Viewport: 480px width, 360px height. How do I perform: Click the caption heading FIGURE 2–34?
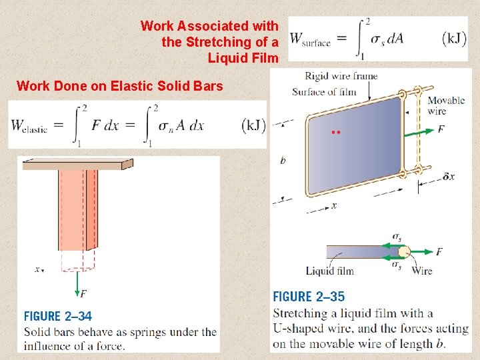click(58, 317)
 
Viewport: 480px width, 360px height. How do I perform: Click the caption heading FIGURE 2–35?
click(309, 297)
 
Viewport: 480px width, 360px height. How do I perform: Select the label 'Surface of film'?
click(324, 92)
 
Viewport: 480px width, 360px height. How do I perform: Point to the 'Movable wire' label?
click(446, 105)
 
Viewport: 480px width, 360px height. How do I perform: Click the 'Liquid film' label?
click(329, 271)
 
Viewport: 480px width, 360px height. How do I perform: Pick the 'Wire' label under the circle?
click(421, 271)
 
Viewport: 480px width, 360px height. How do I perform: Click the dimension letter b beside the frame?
click(283, 161)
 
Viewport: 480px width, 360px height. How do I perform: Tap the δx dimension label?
click(449, 177)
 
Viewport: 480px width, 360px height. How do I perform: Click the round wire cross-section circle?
click(404, 251)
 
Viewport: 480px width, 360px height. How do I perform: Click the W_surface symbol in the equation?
click(311, 39)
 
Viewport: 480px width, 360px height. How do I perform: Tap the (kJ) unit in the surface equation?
click(454, 38)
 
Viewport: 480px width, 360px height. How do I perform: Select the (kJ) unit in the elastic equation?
click(254, 125)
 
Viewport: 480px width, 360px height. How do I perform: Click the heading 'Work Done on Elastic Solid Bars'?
click(119, 85)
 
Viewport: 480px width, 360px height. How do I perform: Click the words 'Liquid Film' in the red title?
click(243, 58)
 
